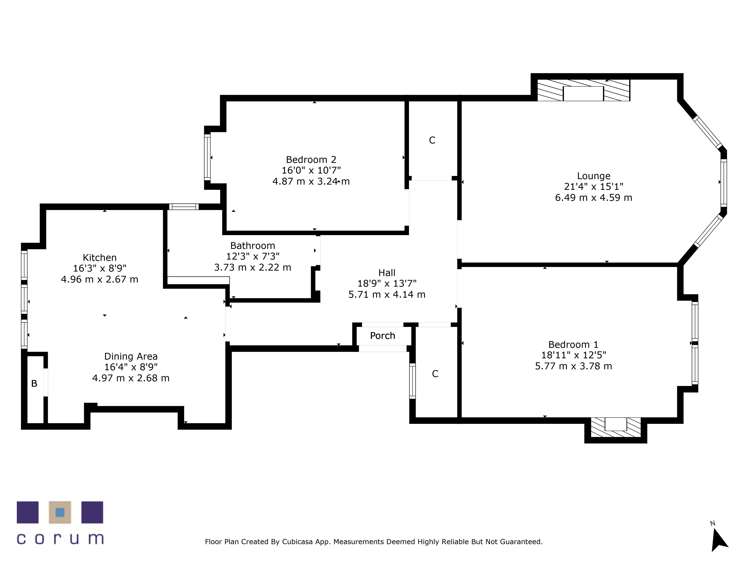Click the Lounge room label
594,176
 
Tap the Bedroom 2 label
311,160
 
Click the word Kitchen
99,258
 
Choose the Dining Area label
131,356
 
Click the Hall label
387,273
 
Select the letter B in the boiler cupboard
34,384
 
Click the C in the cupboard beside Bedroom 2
432,140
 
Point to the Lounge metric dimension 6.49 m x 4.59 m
594,197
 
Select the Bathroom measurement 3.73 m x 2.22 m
253,267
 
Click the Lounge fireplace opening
583,94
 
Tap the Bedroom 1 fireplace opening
616,424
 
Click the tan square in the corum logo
60,512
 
